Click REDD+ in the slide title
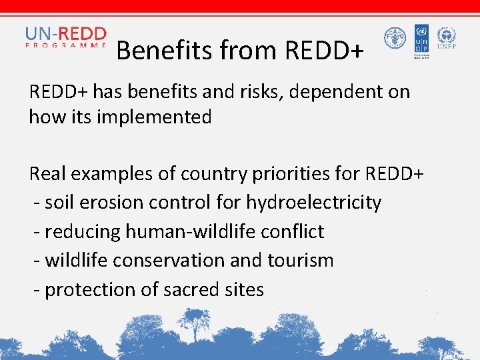(x=324, y=50)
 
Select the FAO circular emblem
(x=395, y=38)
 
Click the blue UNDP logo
(x=421, y=39)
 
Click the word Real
(x=46, y=174)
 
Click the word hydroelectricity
(x=313, y=203)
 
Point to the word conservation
(x=169, y=261)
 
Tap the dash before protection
(x=37, y=291)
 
